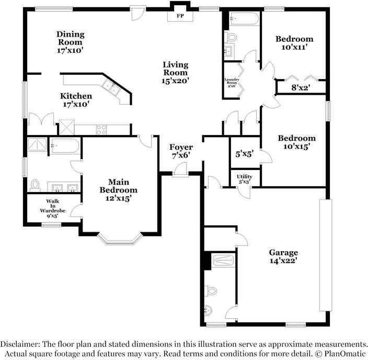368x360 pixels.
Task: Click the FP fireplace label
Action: point(180,16)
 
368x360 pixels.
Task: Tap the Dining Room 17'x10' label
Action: point(71,42)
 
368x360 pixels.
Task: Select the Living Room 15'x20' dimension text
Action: point(175,81)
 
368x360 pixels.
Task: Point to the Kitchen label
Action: point(76,96)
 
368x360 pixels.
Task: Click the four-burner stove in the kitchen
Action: point(101,130)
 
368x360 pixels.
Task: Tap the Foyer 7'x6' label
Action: point(181,151)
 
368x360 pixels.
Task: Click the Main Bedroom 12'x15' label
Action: point(118,190)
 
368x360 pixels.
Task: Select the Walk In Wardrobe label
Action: point(53,206)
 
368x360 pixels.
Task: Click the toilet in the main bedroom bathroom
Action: point(35,185)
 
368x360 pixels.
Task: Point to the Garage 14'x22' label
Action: point(283,256)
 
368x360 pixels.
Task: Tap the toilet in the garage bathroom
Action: point(211,291)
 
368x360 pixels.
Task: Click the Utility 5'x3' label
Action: point(245,179)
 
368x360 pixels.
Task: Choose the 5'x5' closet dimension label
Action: point(244,154)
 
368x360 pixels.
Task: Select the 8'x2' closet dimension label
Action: point(301,88)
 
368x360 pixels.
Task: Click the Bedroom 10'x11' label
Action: point(294,43)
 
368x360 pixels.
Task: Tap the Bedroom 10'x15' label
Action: point(297,142)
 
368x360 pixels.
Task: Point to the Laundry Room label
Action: point(232,81)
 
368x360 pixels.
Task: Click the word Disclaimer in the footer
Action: point(20,344)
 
